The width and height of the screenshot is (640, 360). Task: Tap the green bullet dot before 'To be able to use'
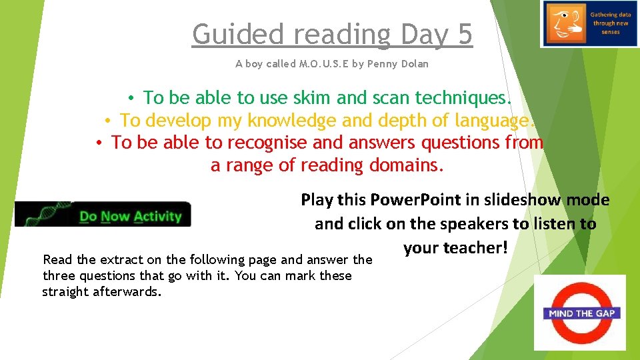point(133,99)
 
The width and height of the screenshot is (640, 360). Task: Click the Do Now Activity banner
point(103,215)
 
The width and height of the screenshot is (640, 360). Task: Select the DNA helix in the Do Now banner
point(47,213)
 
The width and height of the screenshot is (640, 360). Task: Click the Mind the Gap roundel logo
point(579,312)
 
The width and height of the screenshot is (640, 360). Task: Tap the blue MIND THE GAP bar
point(579,313)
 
